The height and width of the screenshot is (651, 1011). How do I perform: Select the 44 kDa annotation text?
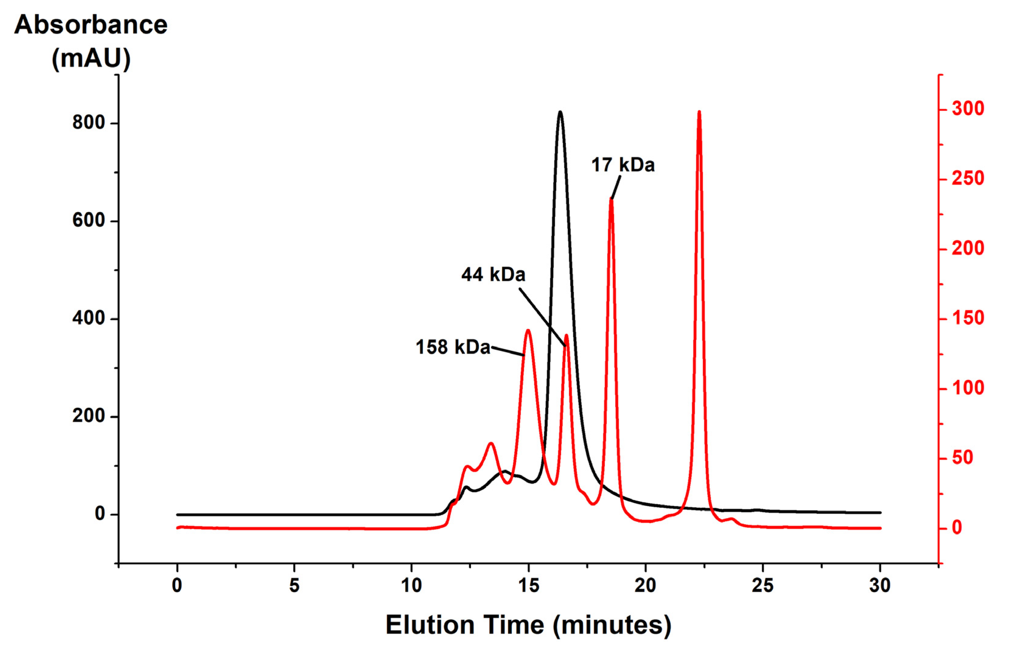[x=493, y=275]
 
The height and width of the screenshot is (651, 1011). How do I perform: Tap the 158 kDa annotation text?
[x=452, y=347]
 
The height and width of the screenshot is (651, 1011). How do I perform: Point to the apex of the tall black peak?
[x=560, y=112]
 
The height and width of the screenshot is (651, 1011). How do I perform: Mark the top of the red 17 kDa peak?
[x=611, y=199]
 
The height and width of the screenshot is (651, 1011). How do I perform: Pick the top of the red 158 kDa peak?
[x=528, y=330]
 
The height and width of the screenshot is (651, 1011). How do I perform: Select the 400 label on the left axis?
[x=88, y=318]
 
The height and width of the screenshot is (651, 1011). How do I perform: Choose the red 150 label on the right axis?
[x=968, y=318]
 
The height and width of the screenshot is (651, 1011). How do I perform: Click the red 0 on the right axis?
[x=957, y=528]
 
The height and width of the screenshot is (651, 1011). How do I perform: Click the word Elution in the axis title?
[x=428, y=625]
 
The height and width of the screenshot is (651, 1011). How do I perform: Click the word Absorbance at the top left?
[x=91, y=25]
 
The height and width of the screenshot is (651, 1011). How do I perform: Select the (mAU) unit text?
[x=91, y=58]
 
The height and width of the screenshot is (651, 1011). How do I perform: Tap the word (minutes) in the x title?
[x=612, y=625]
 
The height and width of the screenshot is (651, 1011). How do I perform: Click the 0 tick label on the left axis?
[x=100, y=514]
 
